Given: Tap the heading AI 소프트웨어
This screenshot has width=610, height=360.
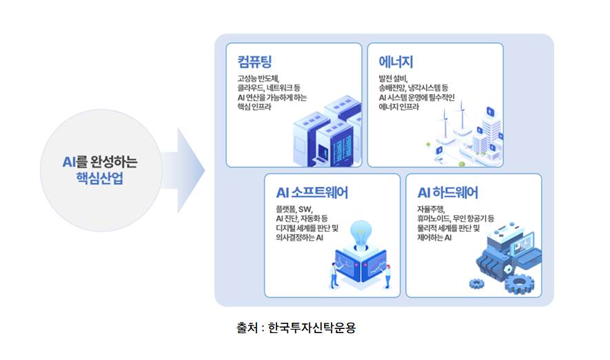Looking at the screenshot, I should (312, 192).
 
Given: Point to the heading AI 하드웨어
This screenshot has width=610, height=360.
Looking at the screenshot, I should (448, 192).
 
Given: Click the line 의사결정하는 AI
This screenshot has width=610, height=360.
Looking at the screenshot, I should (300, 238).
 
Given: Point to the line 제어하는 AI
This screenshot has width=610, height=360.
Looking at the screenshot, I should (434, 238).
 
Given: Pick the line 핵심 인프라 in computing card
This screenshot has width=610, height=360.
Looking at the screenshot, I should (256, 108).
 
